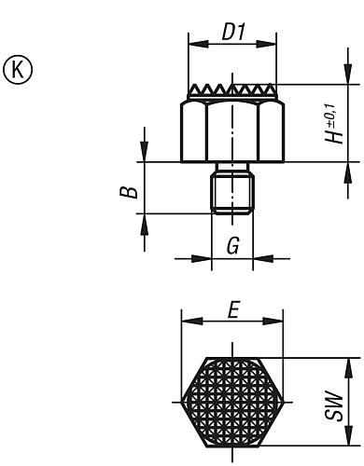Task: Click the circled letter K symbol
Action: (x=18, y=70)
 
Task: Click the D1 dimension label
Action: (x=233, y=32)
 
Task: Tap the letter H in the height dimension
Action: (x=334, y=135)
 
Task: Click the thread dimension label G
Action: (x=233, y=245)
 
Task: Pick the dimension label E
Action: (x=233, y=309)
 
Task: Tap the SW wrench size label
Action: (x=334, y=405)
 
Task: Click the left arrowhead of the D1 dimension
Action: (x=198, y=44)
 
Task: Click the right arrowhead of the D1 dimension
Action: (x=266, y=44)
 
